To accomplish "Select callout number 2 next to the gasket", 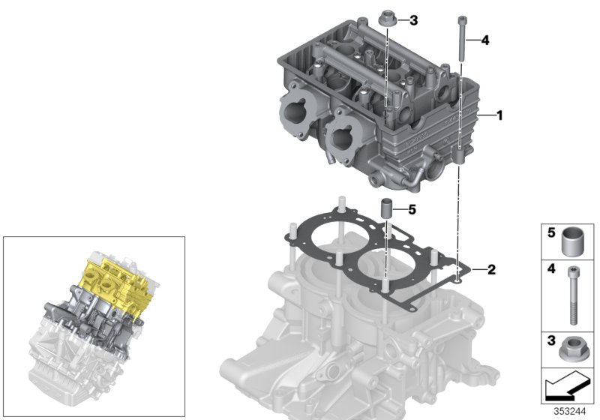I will coord(490,268).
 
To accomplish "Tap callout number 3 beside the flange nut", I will coord(414,20).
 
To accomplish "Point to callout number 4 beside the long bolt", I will coord(485,41).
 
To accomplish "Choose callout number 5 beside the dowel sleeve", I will coord(410,209).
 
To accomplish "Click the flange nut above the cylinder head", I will coord(387,19).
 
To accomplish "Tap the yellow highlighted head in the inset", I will coord(112,285).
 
